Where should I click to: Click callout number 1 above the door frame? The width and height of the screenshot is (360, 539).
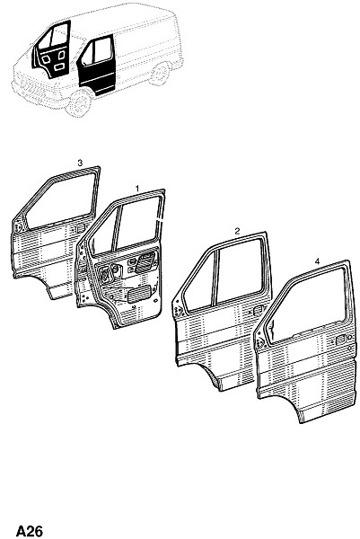coord(137,189)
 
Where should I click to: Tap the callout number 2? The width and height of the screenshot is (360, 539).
coord(237,231)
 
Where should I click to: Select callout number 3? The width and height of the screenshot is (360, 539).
coord(80,163)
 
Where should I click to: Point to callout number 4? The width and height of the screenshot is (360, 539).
coord(317,261)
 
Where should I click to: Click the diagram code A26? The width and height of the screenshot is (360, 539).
coord(30,531)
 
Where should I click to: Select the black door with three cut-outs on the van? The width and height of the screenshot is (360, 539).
coord(52,50)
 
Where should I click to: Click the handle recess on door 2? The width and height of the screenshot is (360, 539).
coord(258,311)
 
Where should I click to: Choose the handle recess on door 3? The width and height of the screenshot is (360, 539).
coord(81,227)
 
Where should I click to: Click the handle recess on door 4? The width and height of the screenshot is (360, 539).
coord(340,340)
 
